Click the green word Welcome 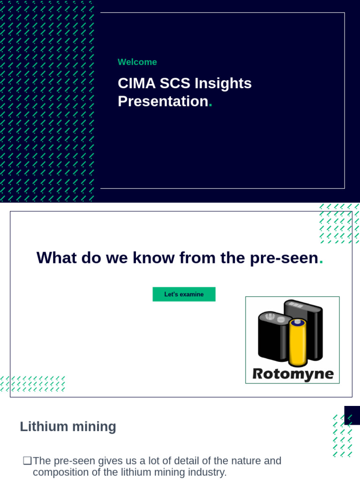tap(137, 62)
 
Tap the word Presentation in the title tap(163, 101)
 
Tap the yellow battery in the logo tap(298, 342)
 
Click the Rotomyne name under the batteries tap(293, 374)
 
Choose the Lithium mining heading tap(68, 427)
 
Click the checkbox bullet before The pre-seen tap(27, 461)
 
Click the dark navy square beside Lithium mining tap(352, 415)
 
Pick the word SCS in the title tap(175, 83)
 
